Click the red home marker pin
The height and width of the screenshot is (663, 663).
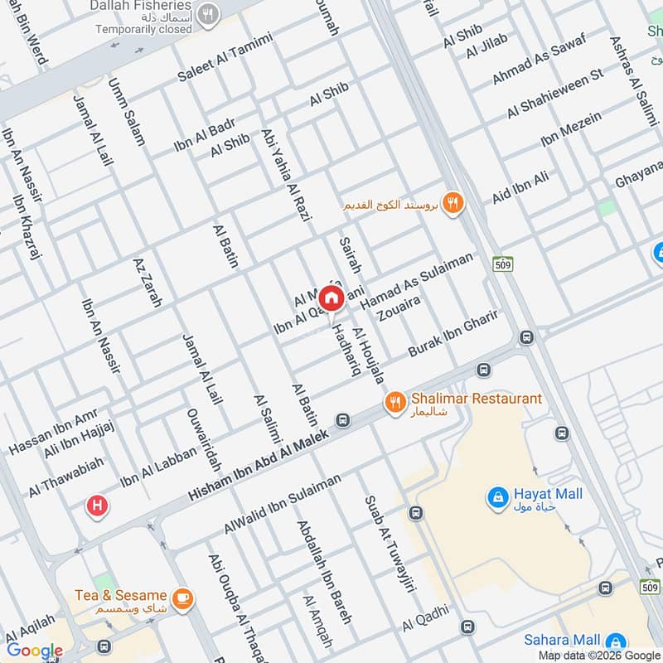[x=331, y=298]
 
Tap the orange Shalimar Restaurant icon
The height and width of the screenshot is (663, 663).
[x=395, y=402]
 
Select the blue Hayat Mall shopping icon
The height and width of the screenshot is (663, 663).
[x=497, y=497]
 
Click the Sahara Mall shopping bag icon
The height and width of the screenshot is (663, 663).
[x=615, y=641]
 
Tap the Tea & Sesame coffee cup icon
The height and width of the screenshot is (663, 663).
[x=181, y=597]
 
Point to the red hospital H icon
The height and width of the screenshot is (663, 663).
[x=97, y=505]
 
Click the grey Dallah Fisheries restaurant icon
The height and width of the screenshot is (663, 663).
[x=210, y=13]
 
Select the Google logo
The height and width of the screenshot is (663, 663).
[x=35, y=651]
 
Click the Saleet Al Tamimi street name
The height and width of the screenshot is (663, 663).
[x=225, y=57]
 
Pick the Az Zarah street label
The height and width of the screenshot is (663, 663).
[x=147, y=283]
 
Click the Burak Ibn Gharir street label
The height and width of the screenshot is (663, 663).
[x=452, y=334]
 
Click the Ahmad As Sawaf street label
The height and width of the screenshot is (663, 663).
[x=539, y=59]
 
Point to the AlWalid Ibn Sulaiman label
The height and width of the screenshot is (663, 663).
[x=282, y=505]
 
